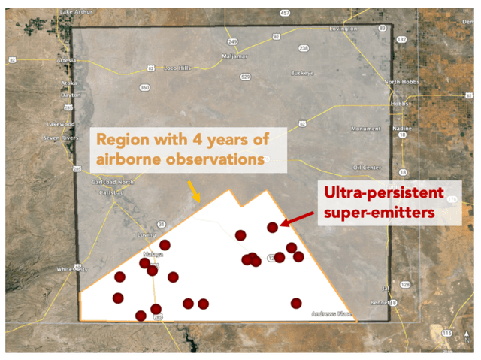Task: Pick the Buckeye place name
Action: (x=304, y=73)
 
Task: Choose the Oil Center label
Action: (x=368, y=167)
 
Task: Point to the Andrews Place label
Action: (x=333, y=313)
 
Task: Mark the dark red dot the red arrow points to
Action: (x=273, y=227)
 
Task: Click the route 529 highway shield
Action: (x=245, y=77)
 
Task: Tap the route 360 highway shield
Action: (x=144, y=87)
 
